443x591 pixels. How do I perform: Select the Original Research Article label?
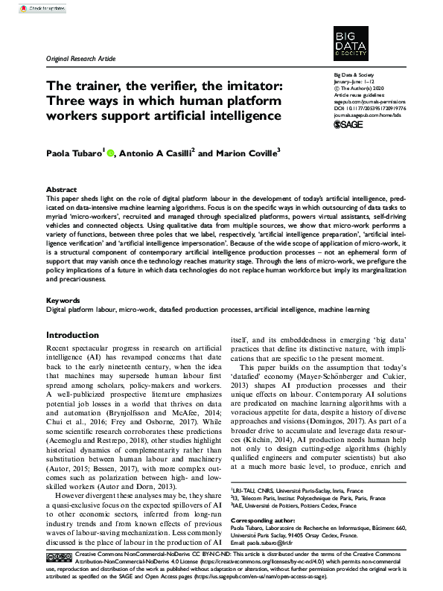[80, 57]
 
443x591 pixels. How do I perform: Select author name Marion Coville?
[249, 154]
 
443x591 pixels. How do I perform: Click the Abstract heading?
[61, 190]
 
